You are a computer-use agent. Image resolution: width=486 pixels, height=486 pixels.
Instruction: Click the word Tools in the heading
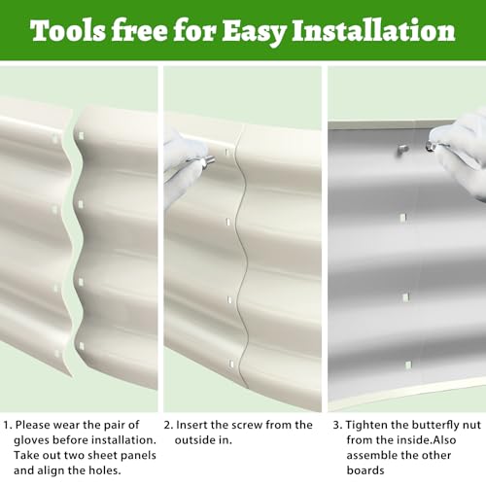tap(68, 31)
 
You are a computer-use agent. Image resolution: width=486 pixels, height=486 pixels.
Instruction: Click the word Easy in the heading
tap(254, 32)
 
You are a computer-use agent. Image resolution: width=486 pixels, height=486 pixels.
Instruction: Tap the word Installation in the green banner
tap(373, 31)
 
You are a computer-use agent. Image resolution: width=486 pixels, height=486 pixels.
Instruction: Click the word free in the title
tap(139, 31)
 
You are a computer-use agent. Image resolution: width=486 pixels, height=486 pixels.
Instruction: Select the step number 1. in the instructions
tap(8, 425)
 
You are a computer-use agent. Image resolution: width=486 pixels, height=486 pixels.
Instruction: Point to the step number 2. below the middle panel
tap(168, 425)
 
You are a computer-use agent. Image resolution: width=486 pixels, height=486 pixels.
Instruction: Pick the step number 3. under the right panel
tap(338, 425)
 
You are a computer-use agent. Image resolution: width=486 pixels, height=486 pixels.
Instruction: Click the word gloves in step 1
tap(31, 440)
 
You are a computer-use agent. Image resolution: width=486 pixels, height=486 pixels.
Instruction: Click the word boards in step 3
tap(365, 470)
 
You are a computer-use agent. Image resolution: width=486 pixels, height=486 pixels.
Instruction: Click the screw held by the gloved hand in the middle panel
tap(208, 160)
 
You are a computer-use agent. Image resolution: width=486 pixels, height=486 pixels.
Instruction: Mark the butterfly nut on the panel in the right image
tap(401, 150)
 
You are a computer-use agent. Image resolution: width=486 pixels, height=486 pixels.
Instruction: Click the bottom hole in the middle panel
tap(231, 364)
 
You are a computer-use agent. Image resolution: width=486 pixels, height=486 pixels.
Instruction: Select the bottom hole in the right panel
tap(408, 365)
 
